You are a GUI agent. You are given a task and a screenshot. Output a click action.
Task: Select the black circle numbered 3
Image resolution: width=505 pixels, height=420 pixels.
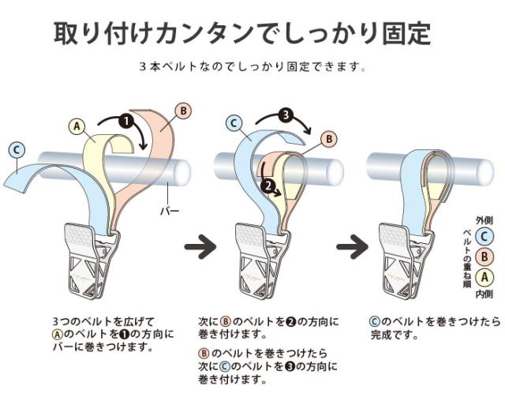[x=286, y=115]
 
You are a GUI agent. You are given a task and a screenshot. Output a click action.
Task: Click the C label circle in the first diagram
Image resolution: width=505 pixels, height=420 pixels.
[x=17, y=150]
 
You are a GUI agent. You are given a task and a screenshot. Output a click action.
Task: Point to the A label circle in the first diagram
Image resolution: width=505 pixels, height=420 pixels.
[x=77, y=126]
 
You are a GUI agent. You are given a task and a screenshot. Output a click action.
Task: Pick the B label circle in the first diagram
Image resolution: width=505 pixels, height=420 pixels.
[x=183, y=111]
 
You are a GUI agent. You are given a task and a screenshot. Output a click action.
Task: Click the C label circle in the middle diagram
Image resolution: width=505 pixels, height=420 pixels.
[x=234, y=123]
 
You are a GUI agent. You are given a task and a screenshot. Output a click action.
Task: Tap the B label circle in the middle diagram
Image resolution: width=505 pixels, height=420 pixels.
[x=329, y=139]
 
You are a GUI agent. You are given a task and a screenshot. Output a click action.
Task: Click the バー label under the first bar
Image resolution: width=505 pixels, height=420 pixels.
[x=170, y=211]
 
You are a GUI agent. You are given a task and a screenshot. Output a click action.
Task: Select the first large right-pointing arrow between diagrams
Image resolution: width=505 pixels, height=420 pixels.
[x=200, y=247]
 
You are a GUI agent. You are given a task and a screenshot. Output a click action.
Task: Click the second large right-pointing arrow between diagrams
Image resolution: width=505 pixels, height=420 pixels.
[x=352, y=247]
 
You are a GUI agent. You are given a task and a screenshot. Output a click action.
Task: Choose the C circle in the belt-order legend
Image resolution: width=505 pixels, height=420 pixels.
[x=484, y=237]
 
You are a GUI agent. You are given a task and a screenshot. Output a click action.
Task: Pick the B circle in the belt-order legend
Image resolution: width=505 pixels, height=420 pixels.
[x=484, y=257]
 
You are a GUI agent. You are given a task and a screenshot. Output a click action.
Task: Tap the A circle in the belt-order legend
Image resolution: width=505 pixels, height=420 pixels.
[x=484, y=277]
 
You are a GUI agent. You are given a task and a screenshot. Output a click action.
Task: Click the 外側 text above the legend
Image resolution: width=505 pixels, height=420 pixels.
[x=484, y=220]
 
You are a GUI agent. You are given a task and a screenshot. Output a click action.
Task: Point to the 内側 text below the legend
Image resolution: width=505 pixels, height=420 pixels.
[x=484, y=294]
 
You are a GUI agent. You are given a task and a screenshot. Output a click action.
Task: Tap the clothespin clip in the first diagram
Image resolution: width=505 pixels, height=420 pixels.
[x=92, y=261]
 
